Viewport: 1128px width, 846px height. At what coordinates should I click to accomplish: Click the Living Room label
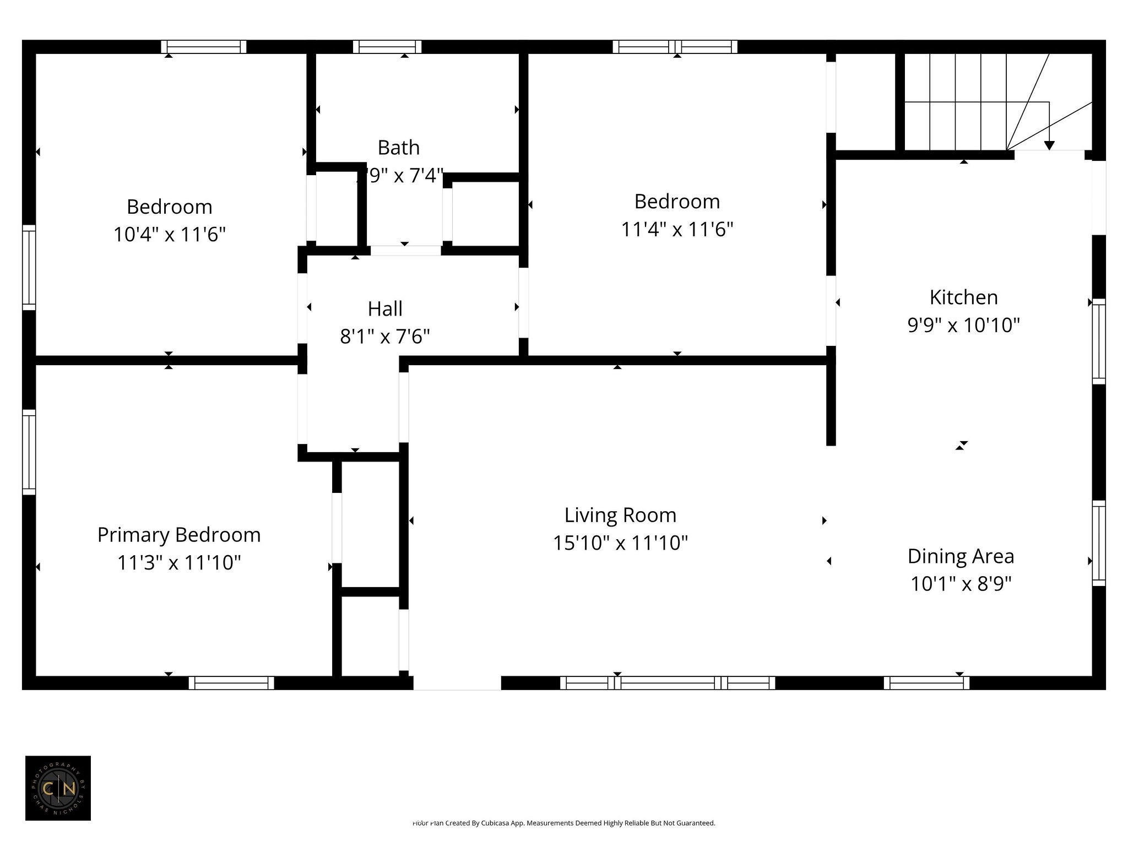click(620, 516)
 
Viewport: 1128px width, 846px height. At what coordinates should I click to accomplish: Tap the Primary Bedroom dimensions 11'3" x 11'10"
click(179, 563)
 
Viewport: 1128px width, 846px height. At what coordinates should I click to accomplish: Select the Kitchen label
click(963, 297)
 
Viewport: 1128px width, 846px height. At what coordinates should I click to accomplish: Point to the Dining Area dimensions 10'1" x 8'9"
click(961, 584)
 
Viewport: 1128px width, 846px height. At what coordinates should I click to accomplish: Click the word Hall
click(385, 309)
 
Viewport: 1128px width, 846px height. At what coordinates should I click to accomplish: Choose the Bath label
click(398, 148)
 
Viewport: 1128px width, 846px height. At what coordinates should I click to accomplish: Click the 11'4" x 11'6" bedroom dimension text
click(677, 229)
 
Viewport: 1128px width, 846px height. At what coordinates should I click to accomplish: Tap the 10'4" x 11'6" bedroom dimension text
click(170, 235)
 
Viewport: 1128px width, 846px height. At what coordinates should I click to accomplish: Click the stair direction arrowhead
click(1049, 145)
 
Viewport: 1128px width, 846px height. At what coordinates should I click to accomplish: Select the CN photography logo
click(58, 788)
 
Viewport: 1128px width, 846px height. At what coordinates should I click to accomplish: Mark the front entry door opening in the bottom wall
click(457, 683)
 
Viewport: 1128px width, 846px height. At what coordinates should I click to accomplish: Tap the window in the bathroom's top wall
click(387, 47)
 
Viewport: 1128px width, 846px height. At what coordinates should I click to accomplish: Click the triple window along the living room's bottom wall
click(668, 683)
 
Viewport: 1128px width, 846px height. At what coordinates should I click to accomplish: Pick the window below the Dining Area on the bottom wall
click(926, 683)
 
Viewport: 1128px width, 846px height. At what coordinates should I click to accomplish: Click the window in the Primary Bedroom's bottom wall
click(231, 683)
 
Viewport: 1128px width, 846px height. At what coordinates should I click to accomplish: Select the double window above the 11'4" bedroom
click(675, 47)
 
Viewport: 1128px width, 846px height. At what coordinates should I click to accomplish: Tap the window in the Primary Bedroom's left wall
click(29, 452)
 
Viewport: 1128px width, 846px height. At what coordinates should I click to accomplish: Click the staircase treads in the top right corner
click(956, 102)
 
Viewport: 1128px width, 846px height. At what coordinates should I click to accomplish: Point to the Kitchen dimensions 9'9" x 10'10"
click(963, 326)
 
